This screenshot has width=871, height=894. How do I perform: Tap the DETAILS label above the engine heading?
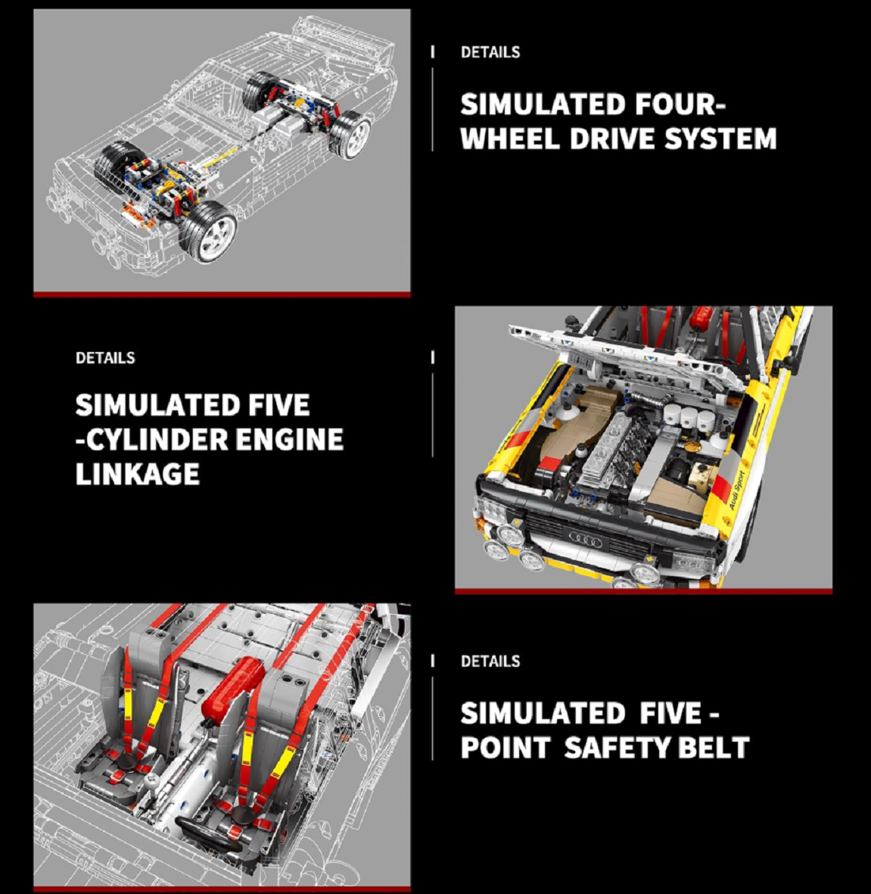click(105, 357)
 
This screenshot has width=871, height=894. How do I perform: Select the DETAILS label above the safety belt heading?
click(490, 661)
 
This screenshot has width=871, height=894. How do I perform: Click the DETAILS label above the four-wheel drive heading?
click(490, 52)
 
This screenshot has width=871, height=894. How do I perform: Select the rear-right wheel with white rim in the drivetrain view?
click(350, 134)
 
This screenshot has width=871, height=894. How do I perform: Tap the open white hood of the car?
click(627, 354)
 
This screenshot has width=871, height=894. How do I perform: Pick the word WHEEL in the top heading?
click(510, 139)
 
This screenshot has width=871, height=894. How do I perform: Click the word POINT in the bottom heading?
click(505, 747)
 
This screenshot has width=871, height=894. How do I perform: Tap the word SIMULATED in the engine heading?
click(158, 405)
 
